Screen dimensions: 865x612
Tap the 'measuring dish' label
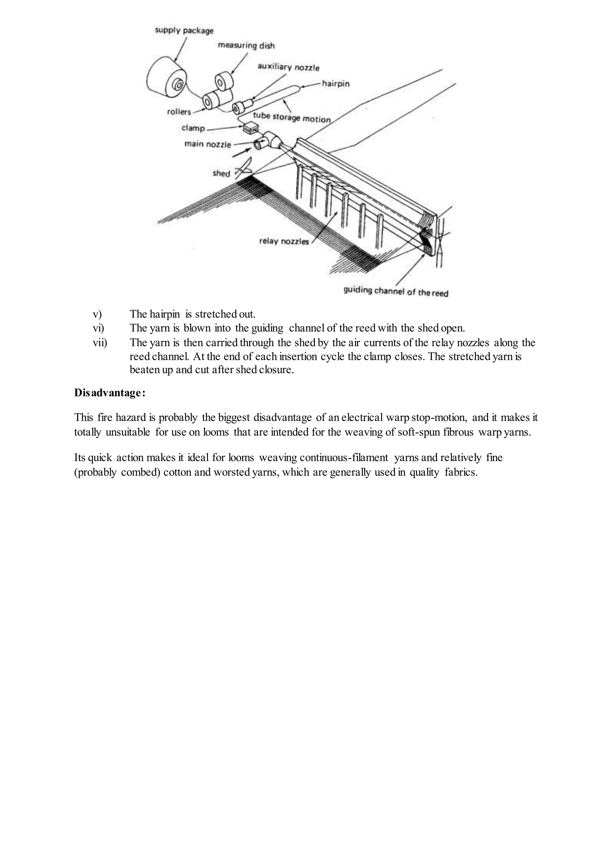click(246, 46)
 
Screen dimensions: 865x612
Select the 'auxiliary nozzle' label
click(288, 68)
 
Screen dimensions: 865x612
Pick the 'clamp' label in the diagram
click(193, 128)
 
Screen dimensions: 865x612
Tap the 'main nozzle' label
click(207, 144)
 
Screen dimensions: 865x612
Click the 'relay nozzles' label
click(284, 241)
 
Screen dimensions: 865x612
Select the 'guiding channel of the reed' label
click(396, 291)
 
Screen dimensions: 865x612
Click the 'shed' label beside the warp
click(221, 173)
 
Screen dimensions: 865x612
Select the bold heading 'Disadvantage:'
click(110, 393)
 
